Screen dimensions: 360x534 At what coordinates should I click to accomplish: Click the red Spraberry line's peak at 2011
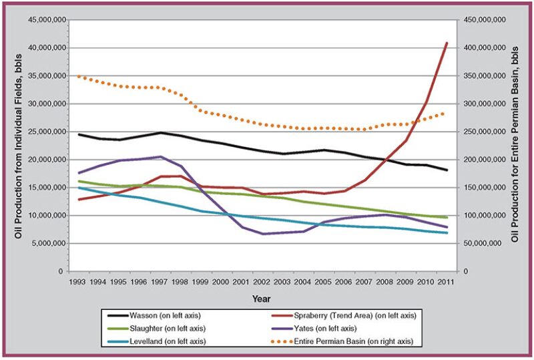(x=447, y=43)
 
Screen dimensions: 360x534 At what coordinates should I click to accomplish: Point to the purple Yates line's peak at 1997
(x=161, y=157)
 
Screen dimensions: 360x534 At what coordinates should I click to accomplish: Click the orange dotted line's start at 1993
(x=79, y=76)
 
